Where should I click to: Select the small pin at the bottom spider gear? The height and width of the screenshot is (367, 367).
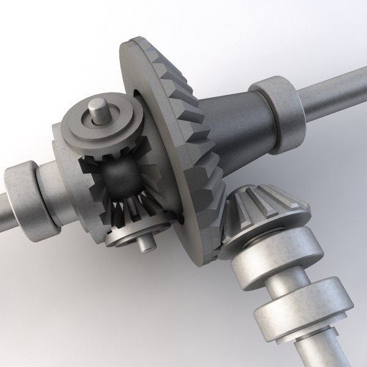pos(145,243)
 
